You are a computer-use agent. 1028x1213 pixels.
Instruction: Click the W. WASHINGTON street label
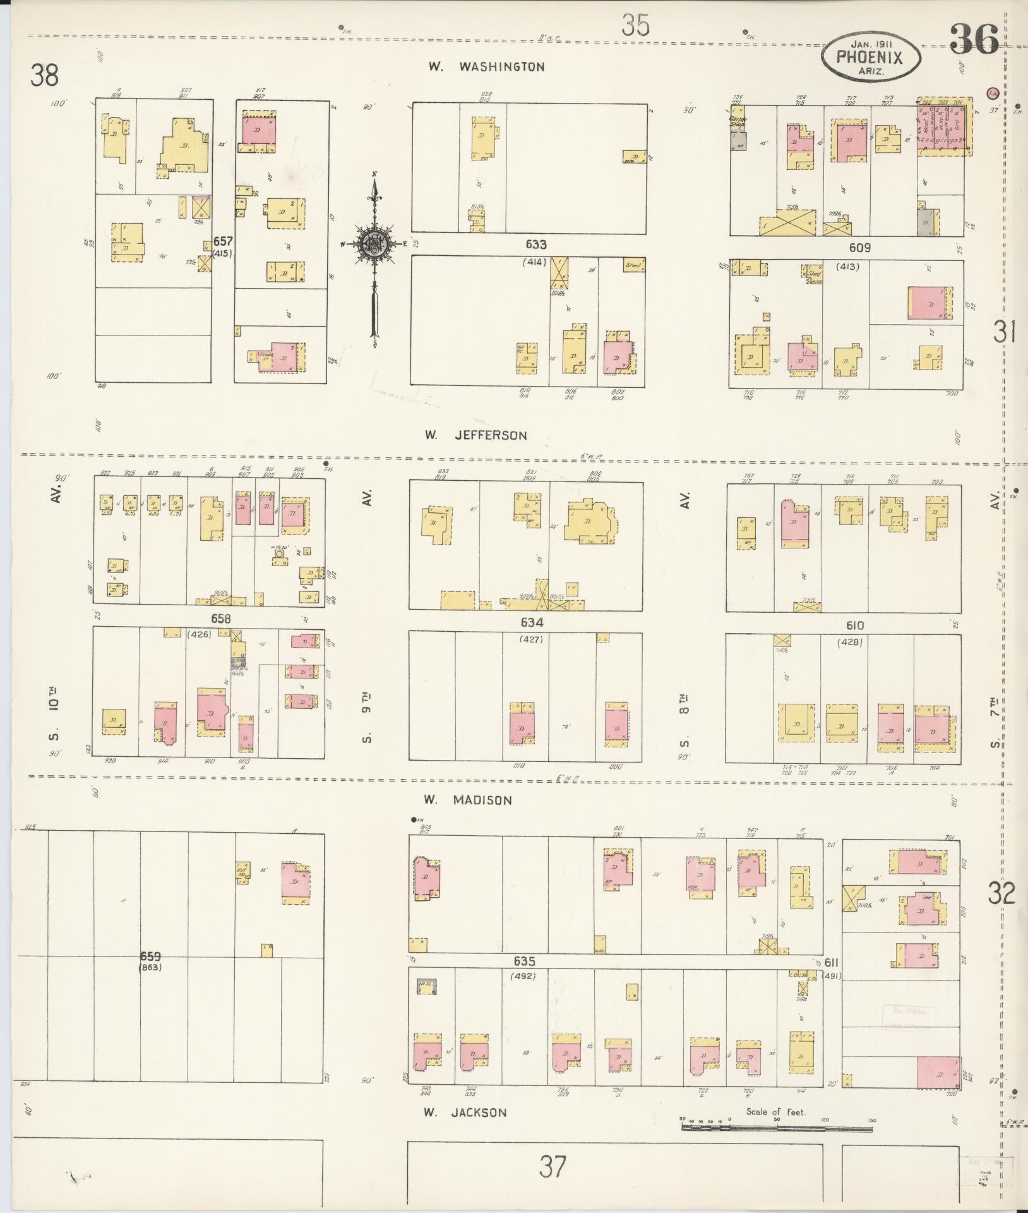(x=486, y=66)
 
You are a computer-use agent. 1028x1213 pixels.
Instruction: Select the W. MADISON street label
(x=467, y=800)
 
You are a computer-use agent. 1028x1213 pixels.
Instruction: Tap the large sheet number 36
(x=973, y=39)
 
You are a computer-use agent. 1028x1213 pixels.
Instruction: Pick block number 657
(x=223, y=241)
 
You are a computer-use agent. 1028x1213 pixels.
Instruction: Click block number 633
(x=535, y=244)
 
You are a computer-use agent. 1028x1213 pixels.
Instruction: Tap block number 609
(x=859, y=248)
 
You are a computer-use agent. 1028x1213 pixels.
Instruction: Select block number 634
(x=532, y=622)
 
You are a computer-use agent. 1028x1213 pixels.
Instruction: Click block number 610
(x=854, y=625)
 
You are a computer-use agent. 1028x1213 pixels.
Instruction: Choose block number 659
(x=151, y=957)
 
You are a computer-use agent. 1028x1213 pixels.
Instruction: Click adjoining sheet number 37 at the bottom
(x=552, y=1166)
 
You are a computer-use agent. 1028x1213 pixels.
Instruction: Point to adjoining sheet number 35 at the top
(x=635, y=27)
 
